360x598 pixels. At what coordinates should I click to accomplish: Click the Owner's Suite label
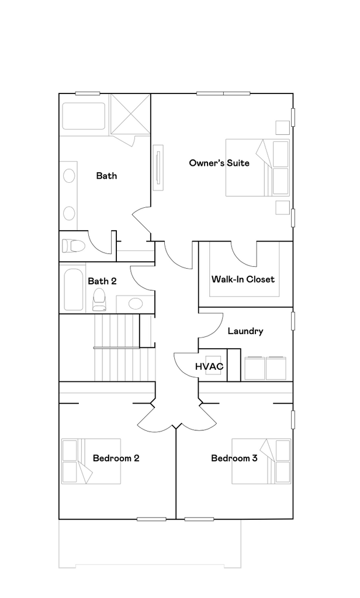click(219, 163)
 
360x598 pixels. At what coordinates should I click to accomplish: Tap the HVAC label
click(209, 367)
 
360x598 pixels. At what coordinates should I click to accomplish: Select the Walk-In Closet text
click(243, 279)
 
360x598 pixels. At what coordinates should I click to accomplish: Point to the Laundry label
click(245, 331)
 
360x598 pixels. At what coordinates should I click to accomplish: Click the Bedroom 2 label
click(116, 458)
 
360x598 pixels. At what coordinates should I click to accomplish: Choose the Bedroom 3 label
click(234, 458)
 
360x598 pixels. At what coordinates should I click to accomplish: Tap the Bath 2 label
click(102, 281)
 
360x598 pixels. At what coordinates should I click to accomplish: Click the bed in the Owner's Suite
click(258, 168)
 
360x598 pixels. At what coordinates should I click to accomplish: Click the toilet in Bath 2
click(99, 299)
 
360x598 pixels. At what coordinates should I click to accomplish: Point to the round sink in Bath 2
click(136, 303)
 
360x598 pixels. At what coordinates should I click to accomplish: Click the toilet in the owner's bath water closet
click(74, 246)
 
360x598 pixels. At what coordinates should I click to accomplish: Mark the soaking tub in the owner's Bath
click(84, 117)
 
